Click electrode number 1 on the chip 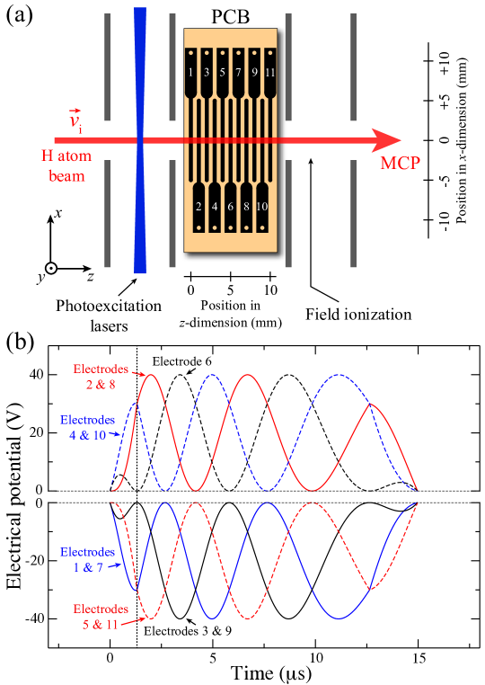click(190, 72)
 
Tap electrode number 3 click(207, 72)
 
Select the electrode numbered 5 click(222, 72)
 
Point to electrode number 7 click(238, 72)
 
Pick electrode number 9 click(254, 72)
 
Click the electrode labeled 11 click(269, 72)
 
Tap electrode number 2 click(198, 206)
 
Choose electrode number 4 click(215, 206)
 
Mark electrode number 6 click(230, 206)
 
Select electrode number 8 click(246, 206)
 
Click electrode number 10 click(261, 206)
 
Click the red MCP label click(400, 164)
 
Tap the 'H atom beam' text click(66, 166)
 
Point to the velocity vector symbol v click(75, 120)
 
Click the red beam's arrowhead click(386, 140)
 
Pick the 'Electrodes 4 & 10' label click(88, 428)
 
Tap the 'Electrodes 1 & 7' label click(88, 560)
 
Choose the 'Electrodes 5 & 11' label click(101, 616)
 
